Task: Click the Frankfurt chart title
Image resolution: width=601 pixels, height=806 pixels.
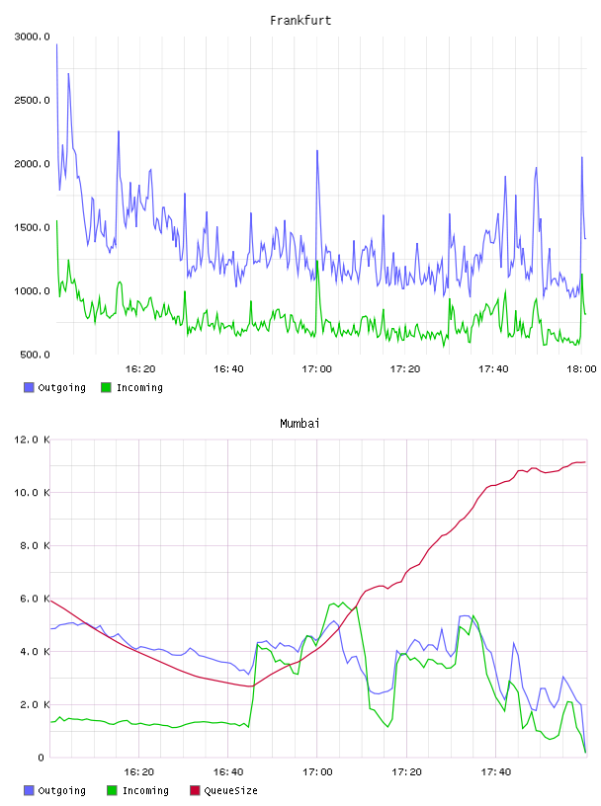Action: (300, 21)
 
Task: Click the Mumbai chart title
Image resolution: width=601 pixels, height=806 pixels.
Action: (300, 424)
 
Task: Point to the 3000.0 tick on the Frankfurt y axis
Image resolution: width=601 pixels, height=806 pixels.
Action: (33, 37)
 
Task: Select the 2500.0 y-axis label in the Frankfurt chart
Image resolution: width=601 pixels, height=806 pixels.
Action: (33, 100)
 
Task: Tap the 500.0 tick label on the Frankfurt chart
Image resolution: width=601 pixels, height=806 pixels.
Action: (35, 355)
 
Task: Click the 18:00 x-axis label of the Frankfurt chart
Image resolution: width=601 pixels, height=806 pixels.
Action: (581, 369)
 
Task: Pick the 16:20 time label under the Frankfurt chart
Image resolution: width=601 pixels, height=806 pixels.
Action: (140, 369)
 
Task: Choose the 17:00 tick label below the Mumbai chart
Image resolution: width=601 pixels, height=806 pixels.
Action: (317, 772)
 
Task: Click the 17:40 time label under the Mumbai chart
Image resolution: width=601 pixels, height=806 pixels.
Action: (496, 772)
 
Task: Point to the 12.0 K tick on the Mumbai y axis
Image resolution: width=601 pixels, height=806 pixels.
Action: (33, 440)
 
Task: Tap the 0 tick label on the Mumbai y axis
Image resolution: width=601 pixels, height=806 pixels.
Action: (42, 758)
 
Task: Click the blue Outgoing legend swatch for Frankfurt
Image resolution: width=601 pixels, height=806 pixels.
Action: (29, 387)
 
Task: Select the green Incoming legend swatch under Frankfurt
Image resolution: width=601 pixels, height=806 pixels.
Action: (106, 387)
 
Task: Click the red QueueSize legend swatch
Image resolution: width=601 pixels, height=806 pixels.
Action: (195, 790)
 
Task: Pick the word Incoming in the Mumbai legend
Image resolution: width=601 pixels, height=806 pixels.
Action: (145, 790)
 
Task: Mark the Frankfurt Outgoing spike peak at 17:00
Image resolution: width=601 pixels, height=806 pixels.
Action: (317, 150)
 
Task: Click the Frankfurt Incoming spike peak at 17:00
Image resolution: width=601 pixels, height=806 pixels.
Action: (317, 261)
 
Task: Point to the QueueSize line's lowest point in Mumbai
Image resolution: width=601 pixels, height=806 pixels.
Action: (251, 686)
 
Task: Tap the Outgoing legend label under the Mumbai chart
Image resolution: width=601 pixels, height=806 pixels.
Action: (61, 790)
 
